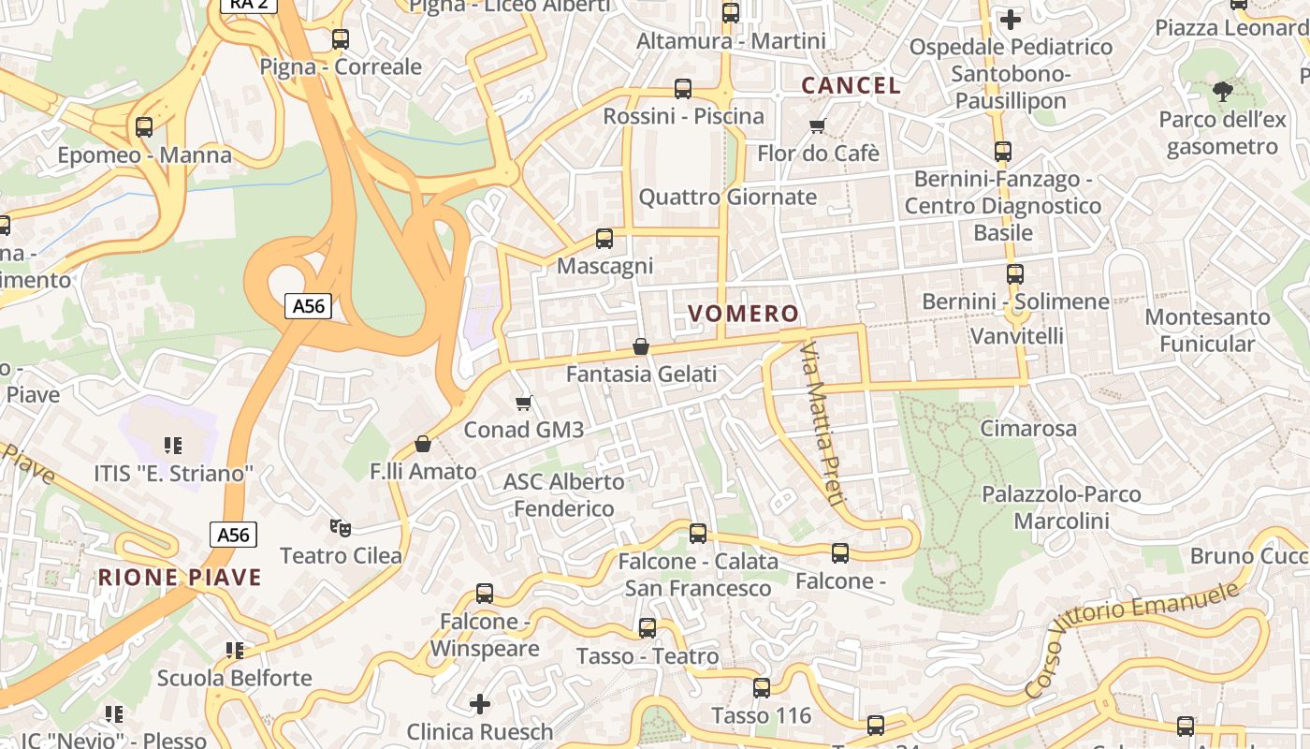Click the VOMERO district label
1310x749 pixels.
point(744,314)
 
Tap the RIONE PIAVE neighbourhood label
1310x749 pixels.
point(180,577)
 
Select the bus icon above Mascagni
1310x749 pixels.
point(604,239)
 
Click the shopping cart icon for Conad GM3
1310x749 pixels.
point(524,403)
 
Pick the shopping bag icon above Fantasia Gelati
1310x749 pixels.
point(641,347)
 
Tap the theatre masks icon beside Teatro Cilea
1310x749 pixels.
point(341,528)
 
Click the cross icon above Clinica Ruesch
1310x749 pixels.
point(480,703)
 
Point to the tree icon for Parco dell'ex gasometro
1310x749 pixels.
point(1222,91)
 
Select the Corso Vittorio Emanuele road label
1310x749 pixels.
point(1132,637)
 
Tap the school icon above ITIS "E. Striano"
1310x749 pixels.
point(172,446)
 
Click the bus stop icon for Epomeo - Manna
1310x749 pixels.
point(144,127)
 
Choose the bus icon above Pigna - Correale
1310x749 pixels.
point(341,39)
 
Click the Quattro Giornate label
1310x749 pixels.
point(727,198)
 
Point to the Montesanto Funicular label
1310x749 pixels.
point(1207,330)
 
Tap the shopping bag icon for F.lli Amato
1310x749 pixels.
point(423,444)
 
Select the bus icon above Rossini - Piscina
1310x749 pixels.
point(683,89)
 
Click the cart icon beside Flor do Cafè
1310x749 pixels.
point(818,125)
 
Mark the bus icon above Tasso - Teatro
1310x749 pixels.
point(648,628)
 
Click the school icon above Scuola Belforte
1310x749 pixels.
point(234,650)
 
